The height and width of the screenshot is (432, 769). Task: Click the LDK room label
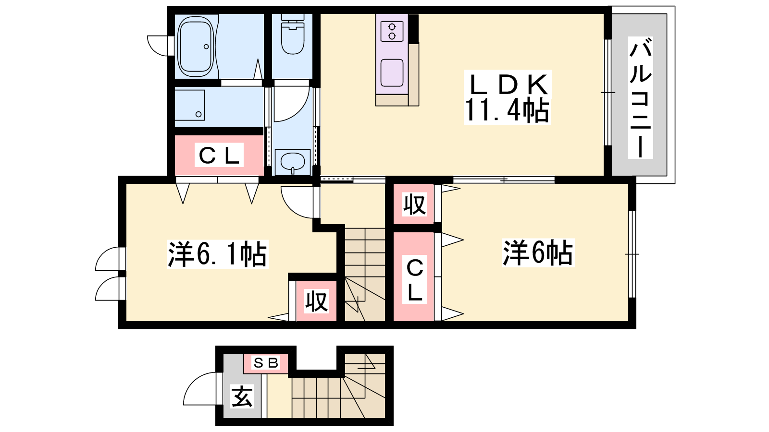[x=508, y=84]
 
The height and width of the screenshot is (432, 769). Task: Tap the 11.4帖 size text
[x=507, y=110]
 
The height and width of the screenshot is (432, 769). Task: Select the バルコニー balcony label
[x=640, y=98]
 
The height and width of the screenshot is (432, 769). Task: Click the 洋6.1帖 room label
[x=217, y=254]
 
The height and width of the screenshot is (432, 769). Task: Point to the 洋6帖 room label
[x=538, y=254]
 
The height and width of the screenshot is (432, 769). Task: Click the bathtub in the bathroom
[x=195, y=46]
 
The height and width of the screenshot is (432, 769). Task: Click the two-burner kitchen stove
[x=392, y=32]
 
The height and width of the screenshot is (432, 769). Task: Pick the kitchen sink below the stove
[x=392, y=72]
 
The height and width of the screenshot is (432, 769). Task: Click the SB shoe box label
[x=265, y=363]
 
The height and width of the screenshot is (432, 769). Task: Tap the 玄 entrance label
[x=242, y=396]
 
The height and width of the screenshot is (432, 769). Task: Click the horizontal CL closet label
[x=219, y=156]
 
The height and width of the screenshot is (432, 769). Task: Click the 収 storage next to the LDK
[x=414, y=204]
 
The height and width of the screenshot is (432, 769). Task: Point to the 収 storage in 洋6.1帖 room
[x=317, y=300]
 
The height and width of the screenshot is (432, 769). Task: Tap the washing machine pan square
[x=190, y=105]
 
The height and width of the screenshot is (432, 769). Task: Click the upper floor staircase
[x=365, y=274]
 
